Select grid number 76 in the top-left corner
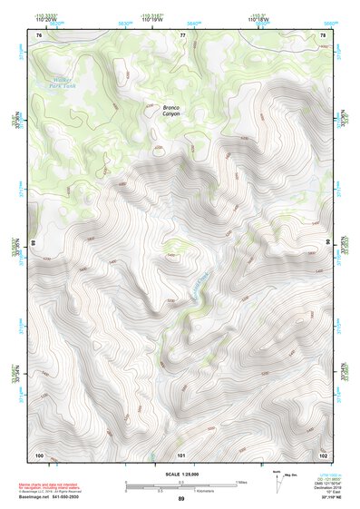click(39, 35)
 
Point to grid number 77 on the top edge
click(182, 35)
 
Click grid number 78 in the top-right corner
click(323, 35)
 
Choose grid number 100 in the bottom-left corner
click(39, 454)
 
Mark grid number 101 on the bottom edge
click(181, 454)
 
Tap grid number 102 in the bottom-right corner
click(323, 454)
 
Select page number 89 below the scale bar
click(180, 499)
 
